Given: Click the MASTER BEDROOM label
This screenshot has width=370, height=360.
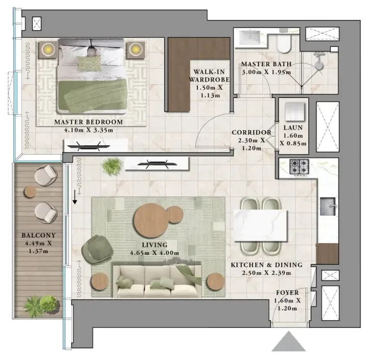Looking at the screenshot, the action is click(89, 122).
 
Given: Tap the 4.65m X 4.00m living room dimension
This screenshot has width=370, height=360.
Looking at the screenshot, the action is click(154, 253).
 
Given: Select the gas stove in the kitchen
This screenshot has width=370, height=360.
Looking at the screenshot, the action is click(300, 167).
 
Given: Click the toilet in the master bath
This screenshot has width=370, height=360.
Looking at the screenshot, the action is click(284, 43).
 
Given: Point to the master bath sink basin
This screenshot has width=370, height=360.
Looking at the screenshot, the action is click(250, 37).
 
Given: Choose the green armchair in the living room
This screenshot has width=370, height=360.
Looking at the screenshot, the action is click(97, 249).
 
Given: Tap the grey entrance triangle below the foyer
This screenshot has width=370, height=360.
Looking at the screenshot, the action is click(288, 341).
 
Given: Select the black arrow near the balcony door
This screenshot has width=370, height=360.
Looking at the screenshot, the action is click(75, 197).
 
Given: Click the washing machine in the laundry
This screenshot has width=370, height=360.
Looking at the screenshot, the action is click(294, 112).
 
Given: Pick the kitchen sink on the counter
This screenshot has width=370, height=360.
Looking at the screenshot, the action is click(328, 207).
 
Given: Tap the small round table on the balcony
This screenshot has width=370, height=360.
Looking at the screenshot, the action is click(30, 191).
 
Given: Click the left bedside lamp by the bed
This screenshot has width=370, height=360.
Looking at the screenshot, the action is click(48, 50).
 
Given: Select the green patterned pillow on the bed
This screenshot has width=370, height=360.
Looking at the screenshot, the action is click(89, 63).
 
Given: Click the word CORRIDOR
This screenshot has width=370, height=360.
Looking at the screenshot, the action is click(252, 133).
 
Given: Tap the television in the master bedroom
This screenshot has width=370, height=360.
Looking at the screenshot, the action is click(89, 147).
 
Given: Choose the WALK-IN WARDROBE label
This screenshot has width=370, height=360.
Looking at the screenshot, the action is click(209, 75).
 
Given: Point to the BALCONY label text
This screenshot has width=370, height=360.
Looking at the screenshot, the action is click(38, 236).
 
